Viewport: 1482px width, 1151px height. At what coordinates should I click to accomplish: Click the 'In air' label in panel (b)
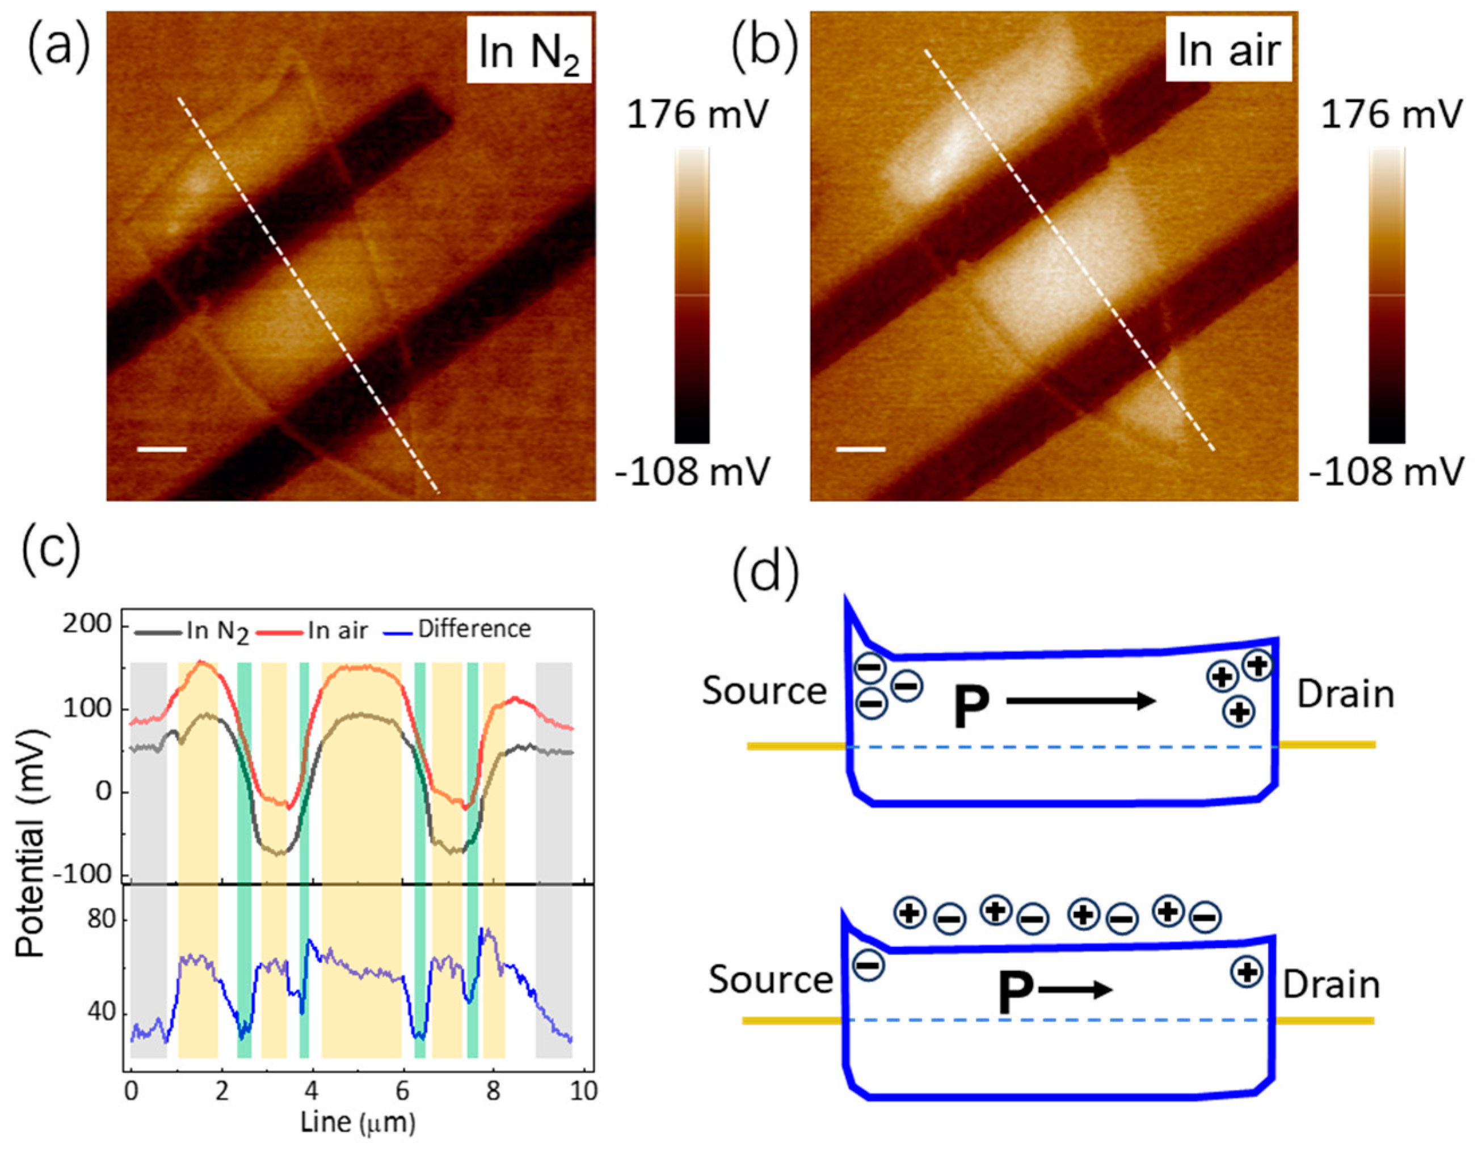[x=1228, y=50]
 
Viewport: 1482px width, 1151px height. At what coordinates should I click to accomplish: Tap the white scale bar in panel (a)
[x=162, y=449]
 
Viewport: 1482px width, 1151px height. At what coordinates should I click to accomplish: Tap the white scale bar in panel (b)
[x=861, y=449]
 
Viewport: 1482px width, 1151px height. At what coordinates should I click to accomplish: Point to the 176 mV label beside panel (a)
[x=697, y=115]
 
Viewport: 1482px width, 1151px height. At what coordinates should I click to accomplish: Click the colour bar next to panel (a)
[x=692, y=295]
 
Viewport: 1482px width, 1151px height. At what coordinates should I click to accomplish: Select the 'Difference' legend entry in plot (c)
[x=474, y=629]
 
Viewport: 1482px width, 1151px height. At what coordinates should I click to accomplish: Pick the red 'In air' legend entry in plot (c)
[x=337, y=630]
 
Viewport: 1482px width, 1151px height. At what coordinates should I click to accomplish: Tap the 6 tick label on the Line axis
[x=403, y=1091]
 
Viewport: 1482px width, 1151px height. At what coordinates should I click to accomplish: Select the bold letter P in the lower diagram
[x=1015, y=993]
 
